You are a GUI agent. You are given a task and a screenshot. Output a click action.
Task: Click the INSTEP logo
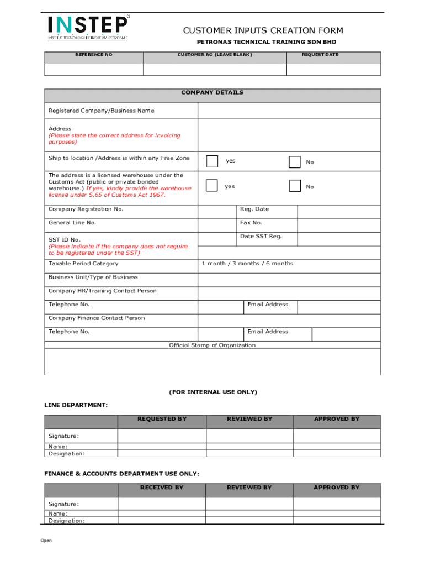click(x=88, y=28)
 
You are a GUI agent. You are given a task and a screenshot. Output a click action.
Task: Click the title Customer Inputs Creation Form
click(x=263, y=30)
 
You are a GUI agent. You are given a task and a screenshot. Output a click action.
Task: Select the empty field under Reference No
click(x=94, y=70)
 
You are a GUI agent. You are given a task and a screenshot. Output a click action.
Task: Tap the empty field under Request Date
click(x=333, y=70)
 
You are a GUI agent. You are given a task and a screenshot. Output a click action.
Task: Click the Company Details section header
click(x=212, y=93)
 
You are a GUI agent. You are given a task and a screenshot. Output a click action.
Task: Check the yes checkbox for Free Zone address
click(x=212, y=161)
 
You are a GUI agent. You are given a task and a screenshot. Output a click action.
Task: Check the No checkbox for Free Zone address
click(x=295, y=161)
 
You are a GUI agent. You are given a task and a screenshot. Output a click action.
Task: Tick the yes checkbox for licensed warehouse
click(x=212, y=186)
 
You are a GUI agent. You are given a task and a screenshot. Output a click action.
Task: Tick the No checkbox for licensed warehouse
click(x=295, y=186)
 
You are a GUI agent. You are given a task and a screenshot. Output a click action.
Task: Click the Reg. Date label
click(x=254, y=209)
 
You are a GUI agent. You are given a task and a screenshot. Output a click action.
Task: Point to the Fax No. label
click(x=251, y=223)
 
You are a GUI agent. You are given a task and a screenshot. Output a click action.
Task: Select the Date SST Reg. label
click(x=261, y=237)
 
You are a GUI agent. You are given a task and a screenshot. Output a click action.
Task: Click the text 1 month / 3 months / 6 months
click(x=247, y=264)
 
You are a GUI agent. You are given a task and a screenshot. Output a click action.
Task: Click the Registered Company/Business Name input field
click(x=289, y=111)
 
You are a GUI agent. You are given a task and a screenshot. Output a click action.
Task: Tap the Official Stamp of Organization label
click(x=212, y=345)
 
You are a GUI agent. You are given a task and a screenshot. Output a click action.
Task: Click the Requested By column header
click(x=162, y=419)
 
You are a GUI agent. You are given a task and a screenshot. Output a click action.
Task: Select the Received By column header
click(x=162, y=488)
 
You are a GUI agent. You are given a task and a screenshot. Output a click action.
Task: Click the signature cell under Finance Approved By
click(x=336, y=504)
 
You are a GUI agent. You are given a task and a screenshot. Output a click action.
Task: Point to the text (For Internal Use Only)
click(x=212, y=392)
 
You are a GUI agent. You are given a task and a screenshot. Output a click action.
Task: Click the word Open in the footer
click(x=46, y=541)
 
